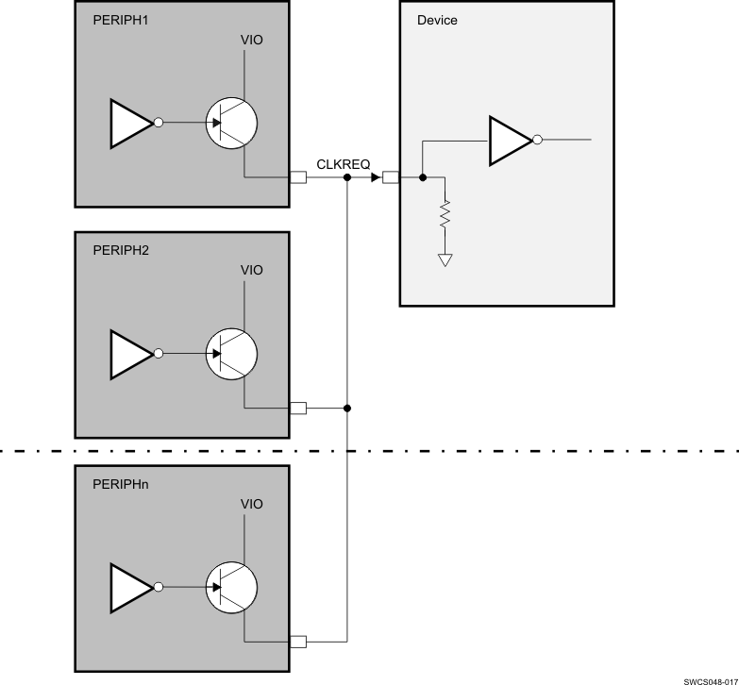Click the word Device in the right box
tap(437, 20)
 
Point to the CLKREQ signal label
tap(343, 164)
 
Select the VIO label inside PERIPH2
tap(251, 271)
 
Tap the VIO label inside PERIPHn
tap(251, 504)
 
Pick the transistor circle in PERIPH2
tap(232, 354)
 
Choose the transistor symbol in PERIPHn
tap(232, 587)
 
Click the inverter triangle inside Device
tap(509, 141)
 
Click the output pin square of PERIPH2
tap(297, 409)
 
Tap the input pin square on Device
tap(392, 177)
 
